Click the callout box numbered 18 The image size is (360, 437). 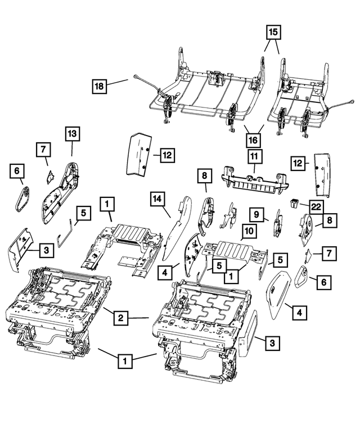tap(99, 86)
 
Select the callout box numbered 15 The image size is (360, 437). tap(273, 33)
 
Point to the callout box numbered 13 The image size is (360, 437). tap(72, 134)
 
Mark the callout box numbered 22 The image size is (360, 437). tap(316, 206)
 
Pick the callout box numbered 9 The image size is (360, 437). tap(256, 214)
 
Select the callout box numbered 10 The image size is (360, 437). tap(249, 231)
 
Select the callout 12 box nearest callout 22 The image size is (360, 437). tap(298, 163)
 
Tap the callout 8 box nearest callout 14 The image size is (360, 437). tap(204, 177)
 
